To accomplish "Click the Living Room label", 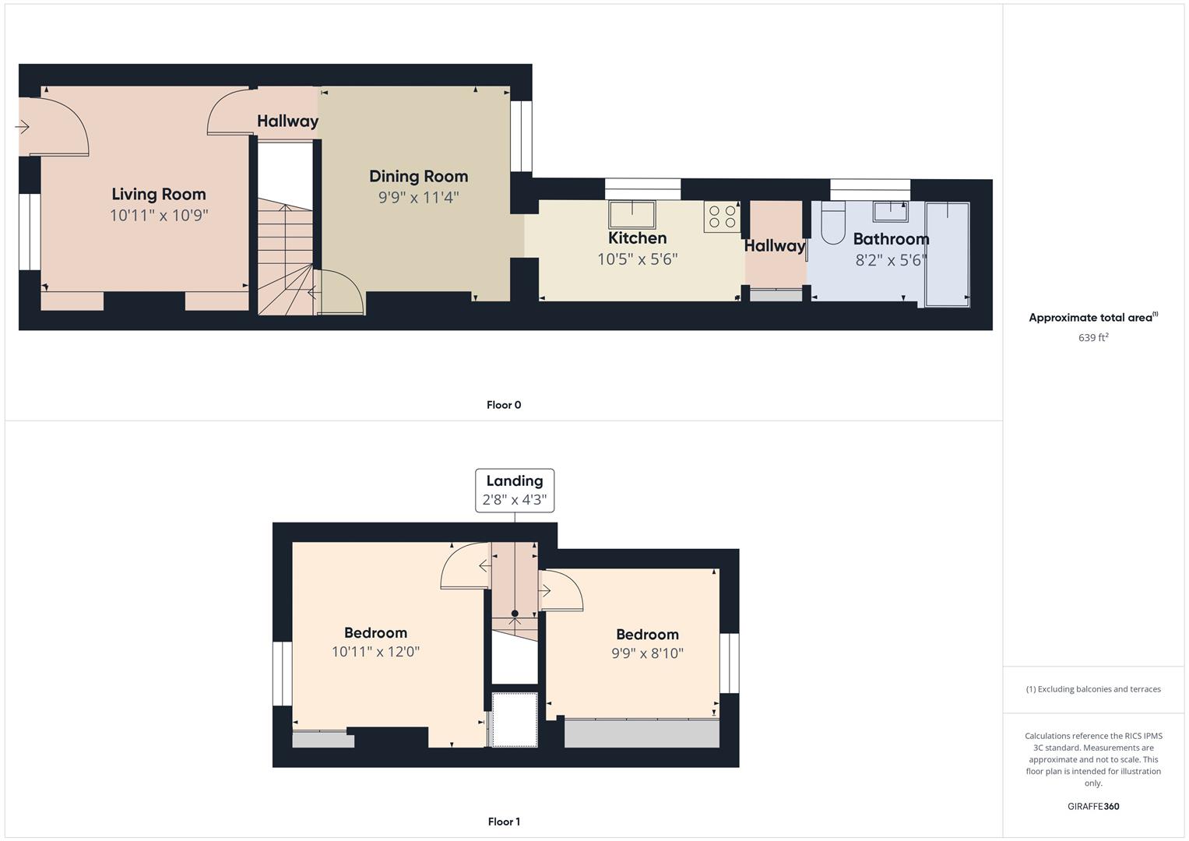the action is [159, 195].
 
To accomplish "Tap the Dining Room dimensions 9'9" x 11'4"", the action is [418, 198].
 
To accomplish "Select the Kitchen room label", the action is [637, 238].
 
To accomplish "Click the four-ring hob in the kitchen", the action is [722, 216].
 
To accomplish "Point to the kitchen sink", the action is [632, 214].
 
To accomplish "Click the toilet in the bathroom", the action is [833, 223].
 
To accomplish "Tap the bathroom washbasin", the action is [890, 211].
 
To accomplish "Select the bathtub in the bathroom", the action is [948, 255].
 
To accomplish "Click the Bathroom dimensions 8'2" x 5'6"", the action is [891, 260].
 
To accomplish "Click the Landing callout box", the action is [515, 491].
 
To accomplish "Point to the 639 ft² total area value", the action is [1093, 338].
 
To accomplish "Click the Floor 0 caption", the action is [504, 405].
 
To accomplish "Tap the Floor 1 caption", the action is [504, 822].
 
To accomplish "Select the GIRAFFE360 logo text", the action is [1093, 807].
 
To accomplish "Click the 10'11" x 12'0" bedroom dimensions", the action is [375, 652].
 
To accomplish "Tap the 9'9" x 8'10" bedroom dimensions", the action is [647, 653].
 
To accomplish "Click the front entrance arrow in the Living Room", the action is [22, 127].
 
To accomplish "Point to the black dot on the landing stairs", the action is [515, 614].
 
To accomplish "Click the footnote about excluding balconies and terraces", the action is [1093, 689].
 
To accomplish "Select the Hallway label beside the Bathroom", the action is [775, 246].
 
